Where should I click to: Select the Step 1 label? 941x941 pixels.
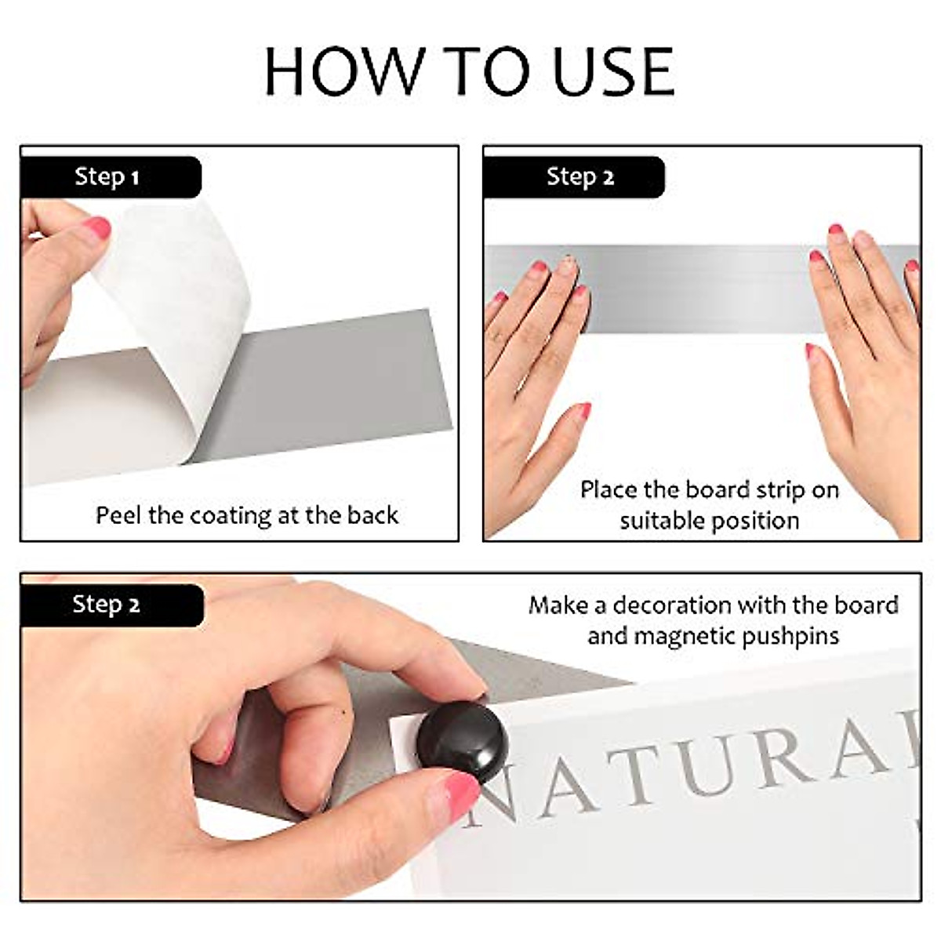coord(107,177)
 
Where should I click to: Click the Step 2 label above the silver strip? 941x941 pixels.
coord(579,177)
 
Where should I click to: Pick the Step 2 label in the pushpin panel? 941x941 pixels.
coord(106,605)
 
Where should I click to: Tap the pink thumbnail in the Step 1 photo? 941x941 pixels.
coord(96,229)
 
